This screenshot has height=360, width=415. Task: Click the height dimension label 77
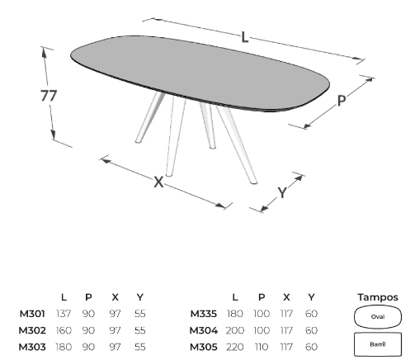point(49,96)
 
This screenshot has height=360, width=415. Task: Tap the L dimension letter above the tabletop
point(245,37)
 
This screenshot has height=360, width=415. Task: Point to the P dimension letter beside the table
point(342,101)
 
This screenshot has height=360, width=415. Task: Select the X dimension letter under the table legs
point(158,182)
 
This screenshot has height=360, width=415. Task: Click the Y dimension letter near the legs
point(282,192)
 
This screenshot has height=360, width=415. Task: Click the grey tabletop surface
point(200,73)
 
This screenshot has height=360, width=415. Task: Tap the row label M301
point(32,314)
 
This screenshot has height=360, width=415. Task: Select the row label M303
point(32,347)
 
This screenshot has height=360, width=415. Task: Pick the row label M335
point(204,314)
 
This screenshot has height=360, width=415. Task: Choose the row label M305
point(204,347)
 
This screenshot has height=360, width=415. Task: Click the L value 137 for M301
point(64,314)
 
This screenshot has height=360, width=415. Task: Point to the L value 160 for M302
point(64,330)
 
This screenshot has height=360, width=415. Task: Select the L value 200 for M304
point(235,330)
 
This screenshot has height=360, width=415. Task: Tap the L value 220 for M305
point(235,347)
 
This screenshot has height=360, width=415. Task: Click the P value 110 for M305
point(262,347)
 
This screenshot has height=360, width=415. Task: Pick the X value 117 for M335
point(286,314)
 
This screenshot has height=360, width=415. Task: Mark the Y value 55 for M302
point(140,330)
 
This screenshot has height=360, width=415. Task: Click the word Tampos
point(378,297)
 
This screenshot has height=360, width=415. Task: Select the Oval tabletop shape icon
point(378,317)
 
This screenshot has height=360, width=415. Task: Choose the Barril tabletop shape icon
point(378,344)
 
